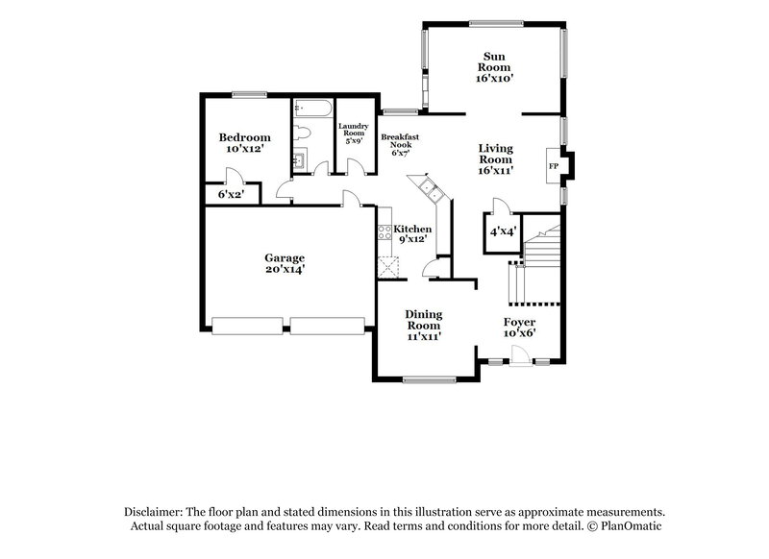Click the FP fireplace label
[554, 166]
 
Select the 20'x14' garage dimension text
[285, 271]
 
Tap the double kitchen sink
[426, 187]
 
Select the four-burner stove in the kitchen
[384, 231]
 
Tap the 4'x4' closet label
[501, 231]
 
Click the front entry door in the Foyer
[519, 359]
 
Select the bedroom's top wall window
[248, 94]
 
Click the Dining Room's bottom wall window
[423, 381]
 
